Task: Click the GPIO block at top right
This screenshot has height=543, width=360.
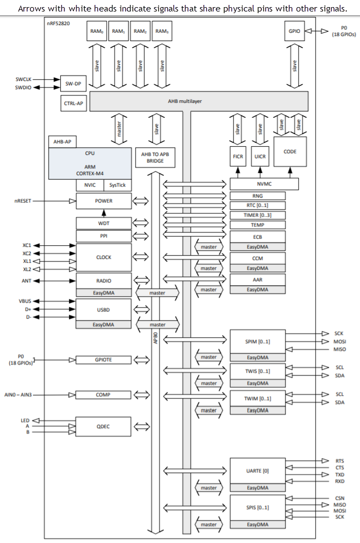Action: tap(294, 31)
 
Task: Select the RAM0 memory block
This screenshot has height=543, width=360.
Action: tap(97, 31)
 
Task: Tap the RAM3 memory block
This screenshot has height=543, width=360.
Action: tap(161, 31)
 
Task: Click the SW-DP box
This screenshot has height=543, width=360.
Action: tap(73, 84)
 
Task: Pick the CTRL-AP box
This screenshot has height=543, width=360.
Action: tap(73, 102)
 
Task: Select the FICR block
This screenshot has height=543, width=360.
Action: tap(238, 157)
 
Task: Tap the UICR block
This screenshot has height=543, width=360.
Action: tap(260, 157)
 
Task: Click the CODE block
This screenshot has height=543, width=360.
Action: tap(290, 152)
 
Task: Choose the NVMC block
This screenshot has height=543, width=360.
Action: tap(264, 184)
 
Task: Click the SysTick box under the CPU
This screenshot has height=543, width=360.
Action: tap(117, 185)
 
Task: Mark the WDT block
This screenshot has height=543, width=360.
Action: tap(103, 223)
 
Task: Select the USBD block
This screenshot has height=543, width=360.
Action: tap(103, 309)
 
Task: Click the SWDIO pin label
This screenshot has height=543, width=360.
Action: tap(24, 88)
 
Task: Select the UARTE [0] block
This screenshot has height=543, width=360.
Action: tap(258, 471)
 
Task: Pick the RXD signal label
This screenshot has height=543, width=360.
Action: tap(340, 481)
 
